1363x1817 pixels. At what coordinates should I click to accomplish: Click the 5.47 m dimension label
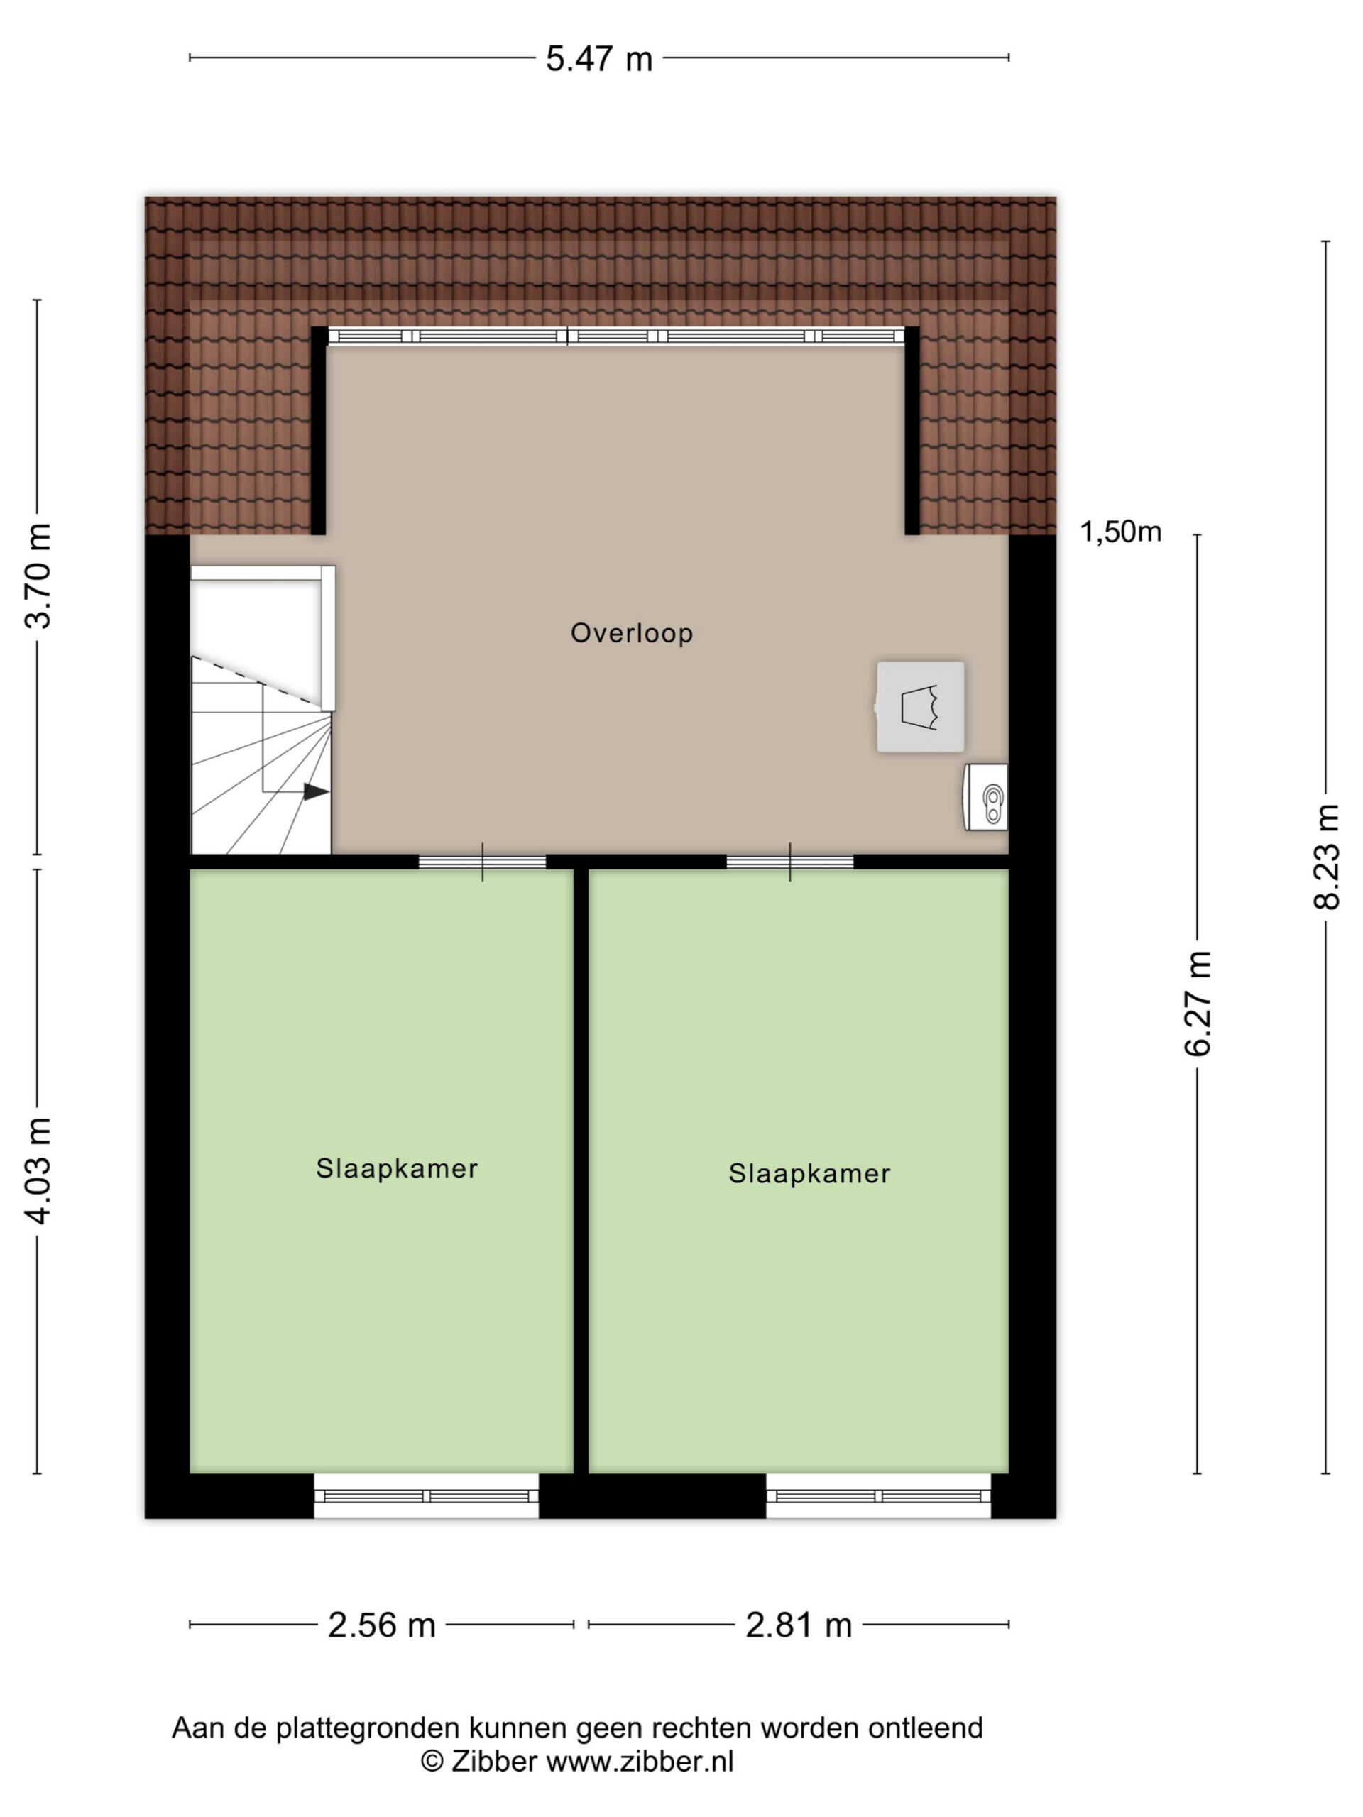pos(599,59)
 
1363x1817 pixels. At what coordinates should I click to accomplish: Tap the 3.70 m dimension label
pos(38,576)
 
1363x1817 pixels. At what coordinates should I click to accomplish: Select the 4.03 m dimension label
pos(38,1170)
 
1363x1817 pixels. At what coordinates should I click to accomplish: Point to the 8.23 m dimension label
pos(1325,857)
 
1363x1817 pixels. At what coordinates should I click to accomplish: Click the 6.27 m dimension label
pos(1197,1002)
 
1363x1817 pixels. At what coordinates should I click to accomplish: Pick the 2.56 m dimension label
pos(381,1625)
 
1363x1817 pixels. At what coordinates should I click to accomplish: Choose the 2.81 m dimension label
pos(799,1625)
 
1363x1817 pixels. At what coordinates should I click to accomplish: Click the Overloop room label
pos(632,633)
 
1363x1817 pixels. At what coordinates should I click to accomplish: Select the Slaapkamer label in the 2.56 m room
pos(397,1169)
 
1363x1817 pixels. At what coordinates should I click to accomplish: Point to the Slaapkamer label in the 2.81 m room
pos(809,1174)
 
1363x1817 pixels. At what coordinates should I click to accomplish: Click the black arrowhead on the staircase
pos(317,792)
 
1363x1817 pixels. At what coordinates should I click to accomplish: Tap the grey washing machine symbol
pos(919,706)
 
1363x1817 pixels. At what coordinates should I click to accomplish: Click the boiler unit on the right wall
pos(986,797)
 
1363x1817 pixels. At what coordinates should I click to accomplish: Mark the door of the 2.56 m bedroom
pos(482,862)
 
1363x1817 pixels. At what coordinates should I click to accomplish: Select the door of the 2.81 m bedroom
pos(789,862)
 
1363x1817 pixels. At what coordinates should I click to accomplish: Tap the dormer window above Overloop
pos(616,336)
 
